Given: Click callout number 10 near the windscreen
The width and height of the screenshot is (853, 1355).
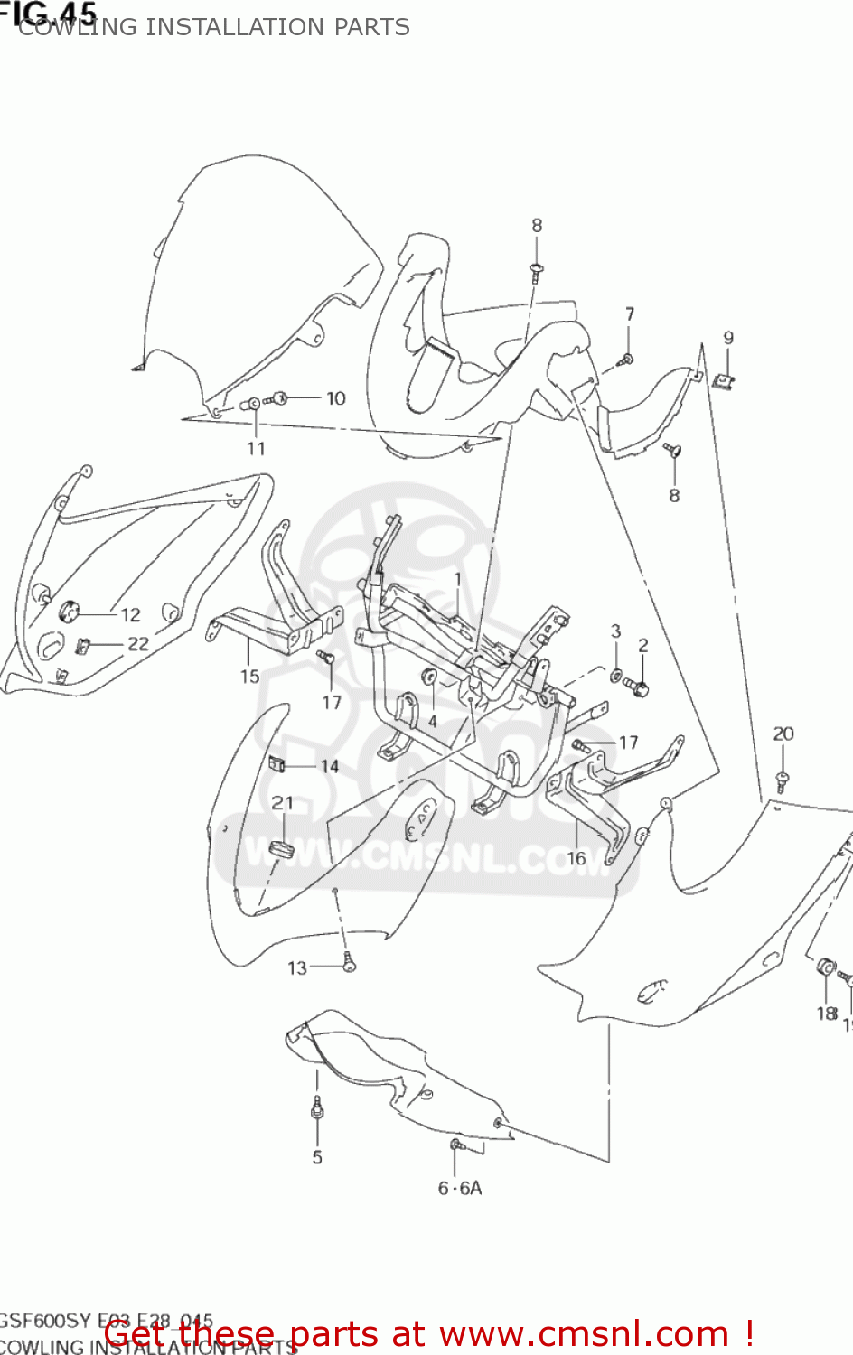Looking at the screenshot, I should click(335, 398).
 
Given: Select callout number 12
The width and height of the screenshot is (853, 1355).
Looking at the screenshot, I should click(131, 615).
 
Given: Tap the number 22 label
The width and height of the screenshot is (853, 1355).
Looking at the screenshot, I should click(137, 644).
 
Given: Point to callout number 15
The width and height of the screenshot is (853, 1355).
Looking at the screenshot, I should click(249, 677).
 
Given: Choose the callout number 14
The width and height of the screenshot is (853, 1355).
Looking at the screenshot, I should click(329, 767).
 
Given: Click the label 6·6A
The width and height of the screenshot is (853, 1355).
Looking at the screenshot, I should click(460, 1189).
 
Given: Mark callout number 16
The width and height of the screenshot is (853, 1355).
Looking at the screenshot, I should click(576, 858).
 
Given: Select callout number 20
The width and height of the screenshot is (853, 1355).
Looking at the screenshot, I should click(783, 734).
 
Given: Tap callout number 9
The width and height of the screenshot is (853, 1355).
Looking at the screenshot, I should click(728, 338).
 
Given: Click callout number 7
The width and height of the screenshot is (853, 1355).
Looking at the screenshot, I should click(630, 314).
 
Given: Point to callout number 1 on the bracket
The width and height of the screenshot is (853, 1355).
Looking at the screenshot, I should click(457, 579).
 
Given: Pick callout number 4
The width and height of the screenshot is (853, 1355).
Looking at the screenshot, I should click(433, 722).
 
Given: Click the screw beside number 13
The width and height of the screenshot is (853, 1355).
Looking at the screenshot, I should click(348, 964).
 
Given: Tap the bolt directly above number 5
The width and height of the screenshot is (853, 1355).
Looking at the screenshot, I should click(316, 1107).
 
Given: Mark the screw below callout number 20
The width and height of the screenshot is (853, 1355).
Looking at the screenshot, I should click(782, 781).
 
